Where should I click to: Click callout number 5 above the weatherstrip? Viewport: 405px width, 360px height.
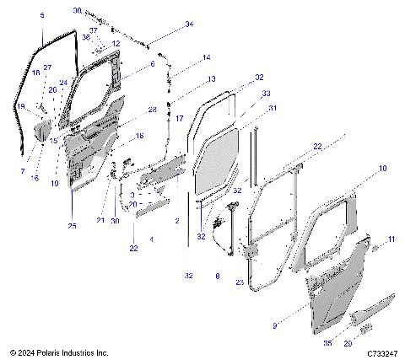(x=42, y=15)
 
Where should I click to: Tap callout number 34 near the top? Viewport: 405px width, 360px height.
(x=189, y=25)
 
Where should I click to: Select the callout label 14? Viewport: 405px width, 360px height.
(x=206, y=58)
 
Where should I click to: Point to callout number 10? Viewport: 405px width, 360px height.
(x=382, y=169)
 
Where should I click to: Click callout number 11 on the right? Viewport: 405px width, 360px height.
(x=391, y=240)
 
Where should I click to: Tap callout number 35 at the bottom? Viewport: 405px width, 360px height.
(x=327, y=343)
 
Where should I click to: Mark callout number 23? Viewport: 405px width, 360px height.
(x=240, y=282)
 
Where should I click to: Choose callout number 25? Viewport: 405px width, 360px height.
(x=72, y=226)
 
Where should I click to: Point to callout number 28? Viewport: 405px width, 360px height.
(x=152, y=110)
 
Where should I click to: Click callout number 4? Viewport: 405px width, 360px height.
(x=151, y=240)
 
